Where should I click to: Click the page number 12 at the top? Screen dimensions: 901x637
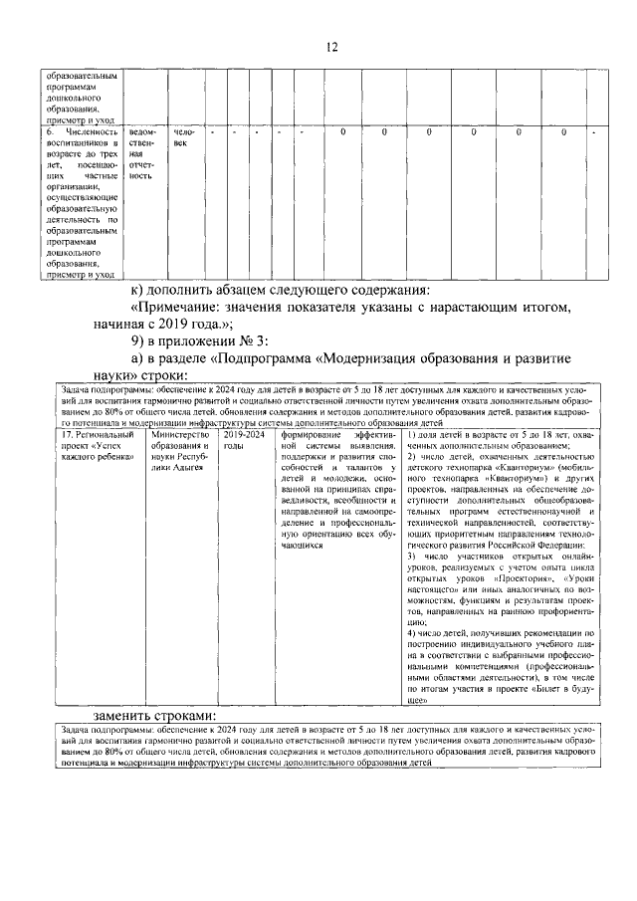pyautogui.click(x=332, y=47)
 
